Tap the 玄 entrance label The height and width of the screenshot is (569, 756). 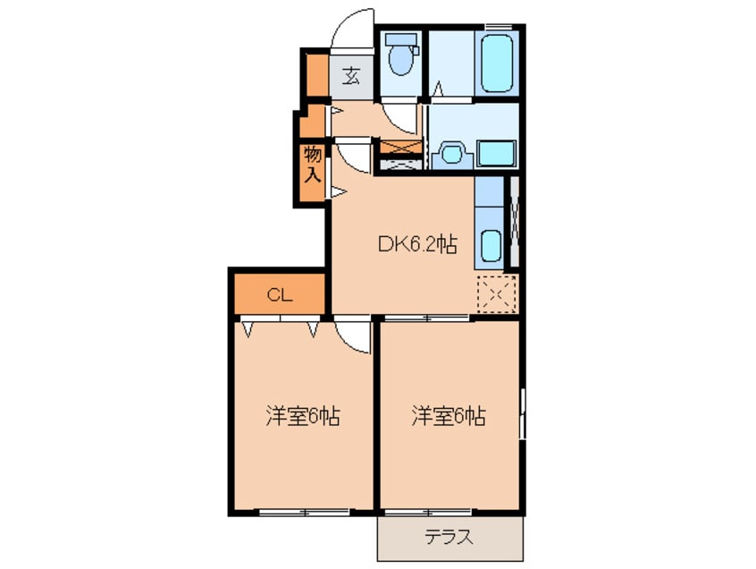351,76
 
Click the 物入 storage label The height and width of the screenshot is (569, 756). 312,164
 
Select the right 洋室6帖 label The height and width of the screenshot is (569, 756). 448,416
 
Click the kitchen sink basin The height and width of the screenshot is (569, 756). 491,244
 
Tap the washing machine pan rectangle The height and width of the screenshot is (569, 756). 496,152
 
